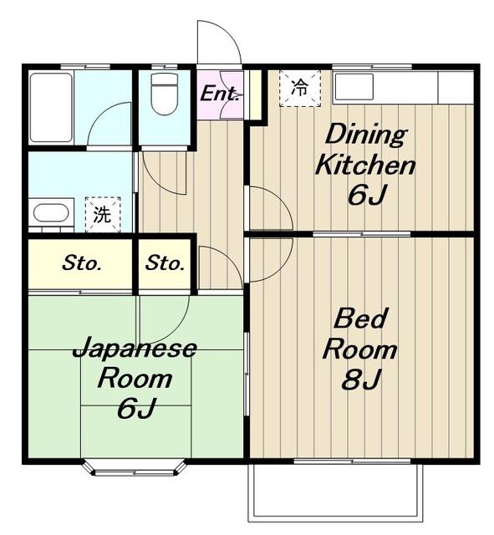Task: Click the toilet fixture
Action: pos(165,94)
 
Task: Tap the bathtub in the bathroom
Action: pos(51,107)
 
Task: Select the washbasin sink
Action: pos(51,213)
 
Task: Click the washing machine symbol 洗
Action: pos(103,214)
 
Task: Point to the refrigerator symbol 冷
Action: pos(300,88)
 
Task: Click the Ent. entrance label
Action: pos(219,93)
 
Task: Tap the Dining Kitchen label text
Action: pos(365,150)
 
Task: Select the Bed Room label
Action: pos(360,334)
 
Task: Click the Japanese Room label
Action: pos(135,363)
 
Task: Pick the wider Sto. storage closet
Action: pos(80,264)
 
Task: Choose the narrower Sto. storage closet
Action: pos(165,264)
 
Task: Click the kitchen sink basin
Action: pos(354,86)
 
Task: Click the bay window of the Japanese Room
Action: pos(135,468)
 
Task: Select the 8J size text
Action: pos(361,380)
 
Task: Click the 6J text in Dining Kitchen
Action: pos(367,195)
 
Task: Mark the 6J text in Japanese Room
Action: pos(136,408)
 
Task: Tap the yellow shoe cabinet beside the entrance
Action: pos(256,94)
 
